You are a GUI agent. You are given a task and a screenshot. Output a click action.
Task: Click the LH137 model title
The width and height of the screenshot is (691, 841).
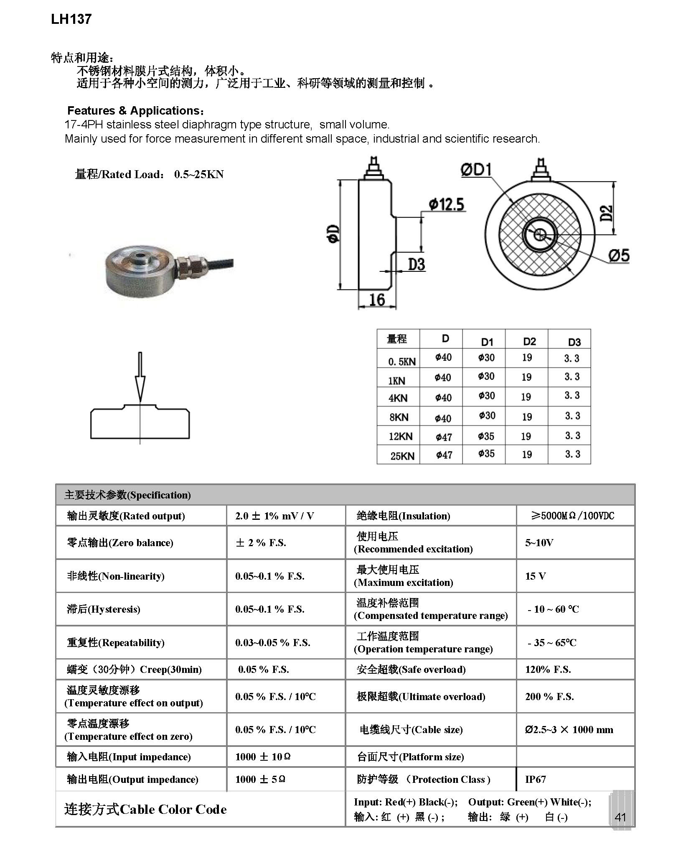71,19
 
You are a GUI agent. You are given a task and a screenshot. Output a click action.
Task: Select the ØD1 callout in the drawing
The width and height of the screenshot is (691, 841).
476,170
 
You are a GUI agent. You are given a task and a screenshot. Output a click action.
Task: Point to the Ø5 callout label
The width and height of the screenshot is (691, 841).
619,255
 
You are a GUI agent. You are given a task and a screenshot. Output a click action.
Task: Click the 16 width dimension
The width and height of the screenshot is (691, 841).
377,299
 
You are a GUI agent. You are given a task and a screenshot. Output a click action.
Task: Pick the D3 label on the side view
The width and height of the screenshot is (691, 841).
416,264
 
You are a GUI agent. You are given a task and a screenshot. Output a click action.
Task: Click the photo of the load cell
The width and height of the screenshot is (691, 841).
167,268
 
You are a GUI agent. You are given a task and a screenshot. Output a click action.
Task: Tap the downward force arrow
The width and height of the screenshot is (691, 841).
140,376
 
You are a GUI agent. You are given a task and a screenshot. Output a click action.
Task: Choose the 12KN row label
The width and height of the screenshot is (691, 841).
400,437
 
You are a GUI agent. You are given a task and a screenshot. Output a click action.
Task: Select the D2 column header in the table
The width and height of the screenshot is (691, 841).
529,342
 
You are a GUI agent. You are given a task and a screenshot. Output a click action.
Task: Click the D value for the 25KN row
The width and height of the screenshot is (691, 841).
444,455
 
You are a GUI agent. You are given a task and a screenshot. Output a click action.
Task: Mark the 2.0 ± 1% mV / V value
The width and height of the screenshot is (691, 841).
274,516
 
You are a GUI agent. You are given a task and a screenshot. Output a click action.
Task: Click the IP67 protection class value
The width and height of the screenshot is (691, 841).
536,779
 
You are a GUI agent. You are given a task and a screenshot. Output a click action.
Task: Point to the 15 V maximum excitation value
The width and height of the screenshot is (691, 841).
535,576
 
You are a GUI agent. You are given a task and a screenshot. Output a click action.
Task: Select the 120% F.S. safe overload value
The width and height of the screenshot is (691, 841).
548,670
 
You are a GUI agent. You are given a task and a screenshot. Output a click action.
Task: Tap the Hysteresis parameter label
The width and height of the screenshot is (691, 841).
104,609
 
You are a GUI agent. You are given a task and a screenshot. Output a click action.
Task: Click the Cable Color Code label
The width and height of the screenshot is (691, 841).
145,809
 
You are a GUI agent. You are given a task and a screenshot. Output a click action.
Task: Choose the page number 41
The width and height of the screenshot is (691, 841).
620,817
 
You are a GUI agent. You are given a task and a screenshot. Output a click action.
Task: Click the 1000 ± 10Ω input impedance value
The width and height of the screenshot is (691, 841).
263,757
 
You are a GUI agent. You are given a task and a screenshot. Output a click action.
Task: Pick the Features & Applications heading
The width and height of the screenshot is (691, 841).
136,111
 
